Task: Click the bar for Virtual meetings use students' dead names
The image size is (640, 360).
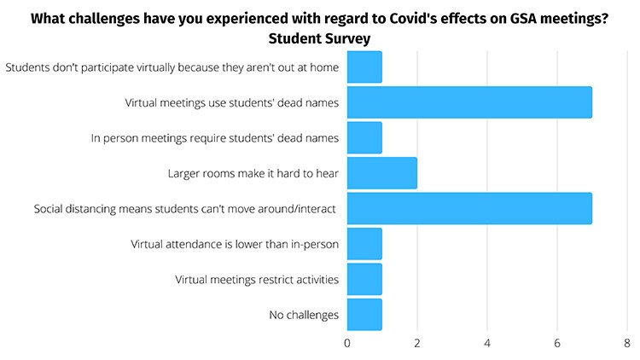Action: [x=469, y=102]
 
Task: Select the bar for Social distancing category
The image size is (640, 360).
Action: [x=469, y=209]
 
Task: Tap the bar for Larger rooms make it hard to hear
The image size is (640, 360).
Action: [x=382, y=173]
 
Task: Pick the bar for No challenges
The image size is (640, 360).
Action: [x=364, y=315]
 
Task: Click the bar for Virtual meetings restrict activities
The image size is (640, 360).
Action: [x=364, y=279]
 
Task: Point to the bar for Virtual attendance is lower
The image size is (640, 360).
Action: [x=364, y=244]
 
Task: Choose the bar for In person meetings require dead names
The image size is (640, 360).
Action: [x=364, y=137]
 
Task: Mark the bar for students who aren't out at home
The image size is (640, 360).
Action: [x=364, y=67]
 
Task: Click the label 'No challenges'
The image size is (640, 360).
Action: [x=304, y=315]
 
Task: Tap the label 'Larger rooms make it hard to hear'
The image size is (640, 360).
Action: [x=254, y=173]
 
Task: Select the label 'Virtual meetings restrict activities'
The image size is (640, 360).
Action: [x=257, y=279]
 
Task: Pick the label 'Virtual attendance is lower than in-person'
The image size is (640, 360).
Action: [x=235, y=244]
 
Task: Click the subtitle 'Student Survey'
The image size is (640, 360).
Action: [x=319, y=38]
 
